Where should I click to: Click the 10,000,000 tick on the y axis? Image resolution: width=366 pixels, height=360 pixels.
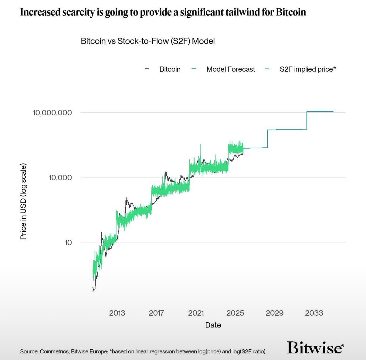52,113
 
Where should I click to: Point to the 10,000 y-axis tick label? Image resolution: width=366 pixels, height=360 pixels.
60,177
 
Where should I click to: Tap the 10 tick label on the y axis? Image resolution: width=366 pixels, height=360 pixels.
68,242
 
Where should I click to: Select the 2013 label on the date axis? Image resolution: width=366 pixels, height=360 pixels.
117,313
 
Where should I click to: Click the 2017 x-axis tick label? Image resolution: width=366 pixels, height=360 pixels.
156,313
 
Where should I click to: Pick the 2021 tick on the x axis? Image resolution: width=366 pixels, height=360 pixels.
196,313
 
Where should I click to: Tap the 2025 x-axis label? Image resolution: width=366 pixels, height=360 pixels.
235,313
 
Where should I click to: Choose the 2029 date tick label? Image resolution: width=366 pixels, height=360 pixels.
274,313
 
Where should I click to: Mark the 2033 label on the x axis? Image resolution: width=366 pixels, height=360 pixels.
314,313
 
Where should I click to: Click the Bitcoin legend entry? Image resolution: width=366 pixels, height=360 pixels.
170,69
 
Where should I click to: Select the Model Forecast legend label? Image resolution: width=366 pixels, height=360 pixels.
231,69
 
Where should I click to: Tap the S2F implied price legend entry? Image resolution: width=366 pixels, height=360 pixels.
307,69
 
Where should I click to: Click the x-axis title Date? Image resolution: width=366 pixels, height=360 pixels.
213,325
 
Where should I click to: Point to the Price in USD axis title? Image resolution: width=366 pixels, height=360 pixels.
23,201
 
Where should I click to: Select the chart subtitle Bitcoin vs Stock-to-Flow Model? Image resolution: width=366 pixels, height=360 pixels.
148,41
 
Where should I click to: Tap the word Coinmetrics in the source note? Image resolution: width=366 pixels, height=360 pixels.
54,351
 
